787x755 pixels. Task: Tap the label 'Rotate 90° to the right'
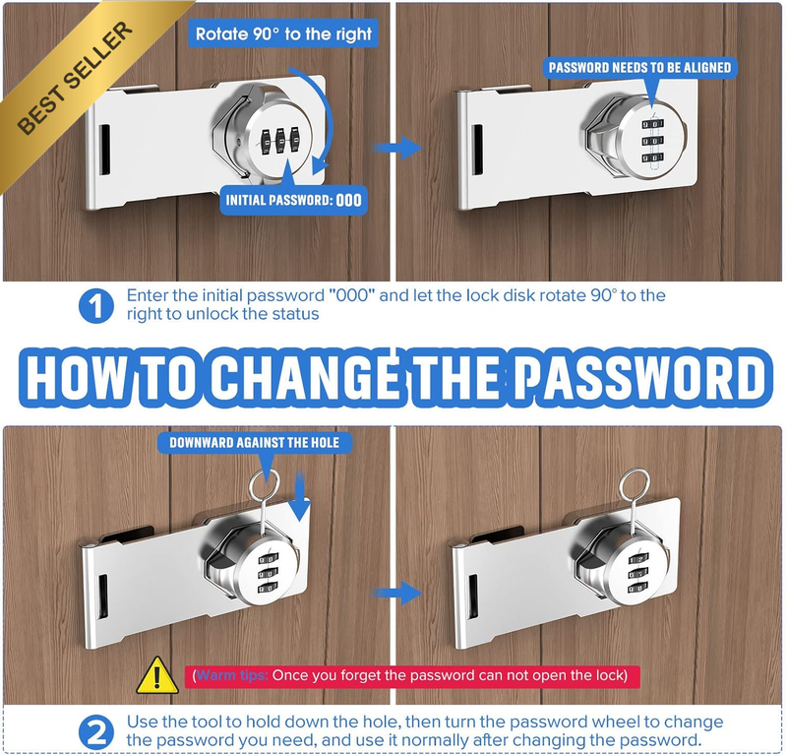pyautogui.click(x=283, y=34)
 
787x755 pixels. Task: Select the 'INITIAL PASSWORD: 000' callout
pyautogui.click(x=293, y=200)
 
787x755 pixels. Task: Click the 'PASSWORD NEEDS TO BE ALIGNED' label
pyautogui.click(x=640, y=68)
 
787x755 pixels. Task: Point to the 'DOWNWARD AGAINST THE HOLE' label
pyautogui.click(x=255, y=443)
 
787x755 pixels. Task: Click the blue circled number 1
pyautogui.click(x=95, y=306)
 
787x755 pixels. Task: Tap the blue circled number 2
pyautogui.click(x=95, y=732)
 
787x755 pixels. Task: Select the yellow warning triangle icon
pyautogui.click(x=157, y=675)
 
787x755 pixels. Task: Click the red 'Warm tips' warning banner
pyautogui.click(x=412, y=676)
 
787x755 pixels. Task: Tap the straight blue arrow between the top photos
pyautogui.click(x=396, y=148)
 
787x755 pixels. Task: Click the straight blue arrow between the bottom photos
pyautogui.click(x=396, y=594)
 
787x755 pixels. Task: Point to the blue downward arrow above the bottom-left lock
pyautogui.click(x=300, y=496)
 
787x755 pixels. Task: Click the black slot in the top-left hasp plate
pyautogui.click(x=104, y=150)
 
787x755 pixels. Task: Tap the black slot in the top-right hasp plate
pyautogui.click(x=477, y=151)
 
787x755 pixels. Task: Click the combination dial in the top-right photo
pyautogui.click(x=651, y=142)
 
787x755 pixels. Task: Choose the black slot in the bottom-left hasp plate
pyautogui.click(x=102, y=597)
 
